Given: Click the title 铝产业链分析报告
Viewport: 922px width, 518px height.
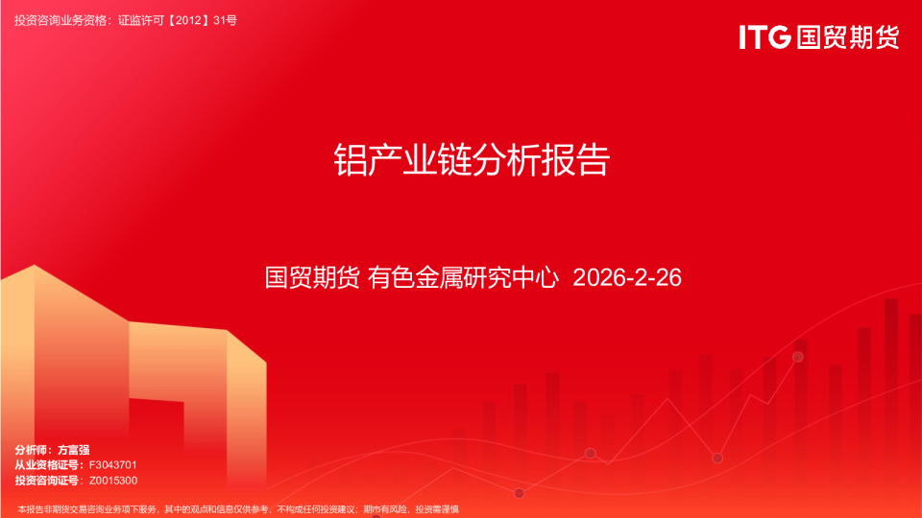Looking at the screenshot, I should [471, 159].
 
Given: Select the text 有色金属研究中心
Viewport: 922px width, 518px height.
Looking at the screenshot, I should [463, 278].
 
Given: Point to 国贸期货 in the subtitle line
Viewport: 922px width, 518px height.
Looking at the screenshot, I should [312, 278].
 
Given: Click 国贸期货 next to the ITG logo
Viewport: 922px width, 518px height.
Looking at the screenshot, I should [848, 38].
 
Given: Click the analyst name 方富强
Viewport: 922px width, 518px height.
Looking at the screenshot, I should [74, 449].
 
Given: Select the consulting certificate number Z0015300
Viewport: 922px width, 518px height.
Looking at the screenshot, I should [113, 480].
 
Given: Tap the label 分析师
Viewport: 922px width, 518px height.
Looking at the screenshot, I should [33, 449].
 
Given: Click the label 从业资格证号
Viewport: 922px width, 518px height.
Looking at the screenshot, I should [46, 464].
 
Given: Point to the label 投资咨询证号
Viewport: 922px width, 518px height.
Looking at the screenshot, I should [46, 480].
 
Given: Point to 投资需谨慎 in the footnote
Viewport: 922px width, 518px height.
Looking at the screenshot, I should [436, 508].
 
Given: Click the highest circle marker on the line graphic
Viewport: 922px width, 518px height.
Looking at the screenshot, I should [797, 357].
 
